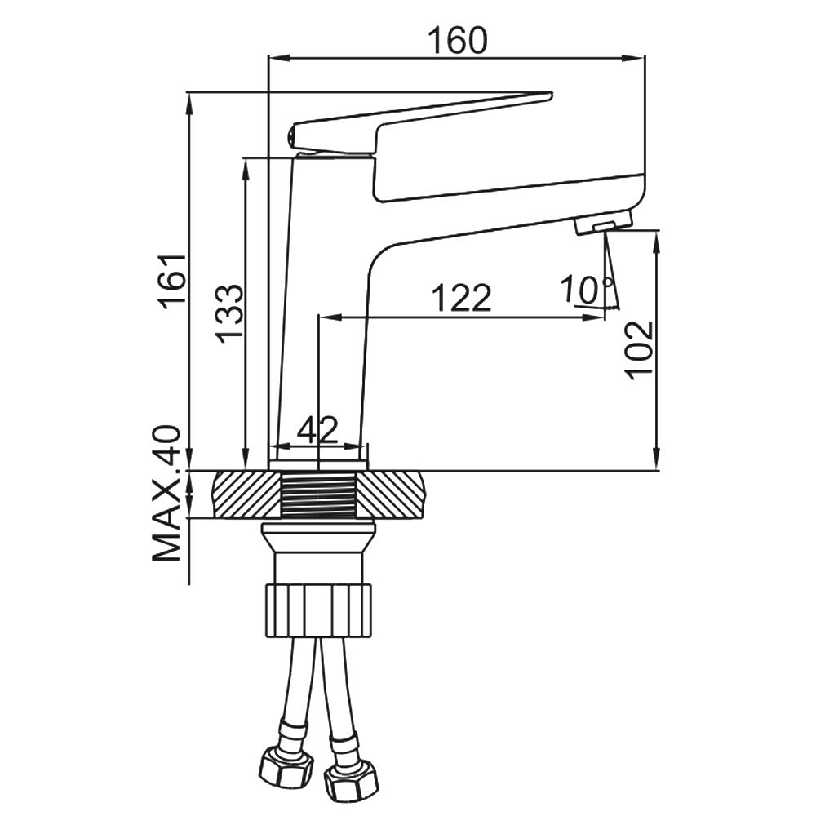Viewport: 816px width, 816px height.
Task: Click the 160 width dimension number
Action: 456,39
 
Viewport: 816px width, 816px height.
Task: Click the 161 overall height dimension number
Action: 174,279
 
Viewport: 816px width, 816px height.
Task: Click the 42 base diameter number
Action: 317,430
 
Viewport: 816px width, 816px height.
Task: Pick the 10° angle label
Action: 586,288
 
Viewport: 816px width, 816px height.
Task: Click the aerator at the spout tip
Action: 603,222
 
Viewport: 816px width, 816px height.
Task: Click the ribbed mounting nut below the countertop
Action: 318,608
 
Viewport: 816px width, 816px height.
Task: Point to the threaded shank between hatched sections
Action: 320,495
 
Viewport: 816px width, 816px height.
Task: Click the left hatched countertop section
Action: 246,494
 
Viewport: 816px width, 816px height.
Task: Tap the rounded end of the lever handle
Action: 296,135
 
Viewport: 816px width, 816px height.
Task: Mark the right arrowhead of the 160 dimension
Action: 637,58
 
